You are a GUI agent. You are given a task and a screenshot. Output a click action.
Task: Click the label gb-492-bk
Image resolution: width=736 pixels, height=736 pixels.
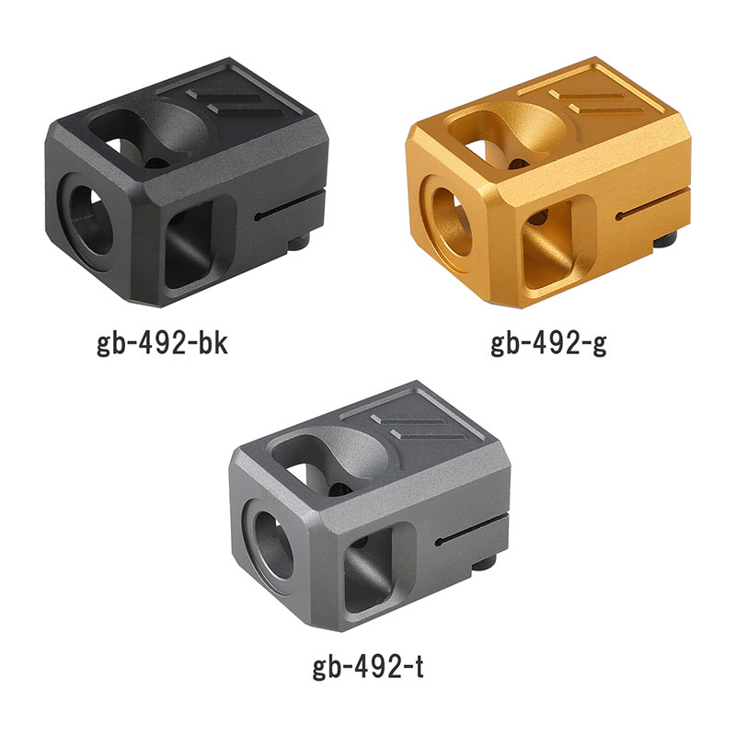[162, 345]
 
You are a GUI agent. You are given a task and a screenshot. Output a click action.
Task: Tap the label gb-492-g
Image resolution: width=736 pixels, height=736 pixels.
[548, 345]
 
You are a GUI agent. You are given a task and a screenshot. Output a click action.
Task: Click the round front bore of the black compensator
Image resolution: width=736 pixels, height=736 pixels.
[90, 221]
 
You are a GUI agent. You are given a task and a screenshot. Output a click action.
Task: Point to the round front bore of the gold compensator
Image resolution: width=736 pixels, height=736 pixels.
[451, 222]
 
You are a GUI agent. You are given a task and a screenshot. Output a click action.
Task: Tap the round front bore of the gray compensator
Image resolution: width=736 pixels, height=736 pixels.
[273, 545]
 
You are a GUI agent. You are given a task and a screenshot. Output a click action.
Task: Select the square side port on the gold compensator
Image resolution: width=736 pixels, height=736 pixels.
[547, 246]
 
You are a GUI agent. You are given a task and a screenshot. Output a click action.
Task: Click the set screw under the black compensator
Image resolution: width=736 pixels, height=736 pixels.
[298, 243]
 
